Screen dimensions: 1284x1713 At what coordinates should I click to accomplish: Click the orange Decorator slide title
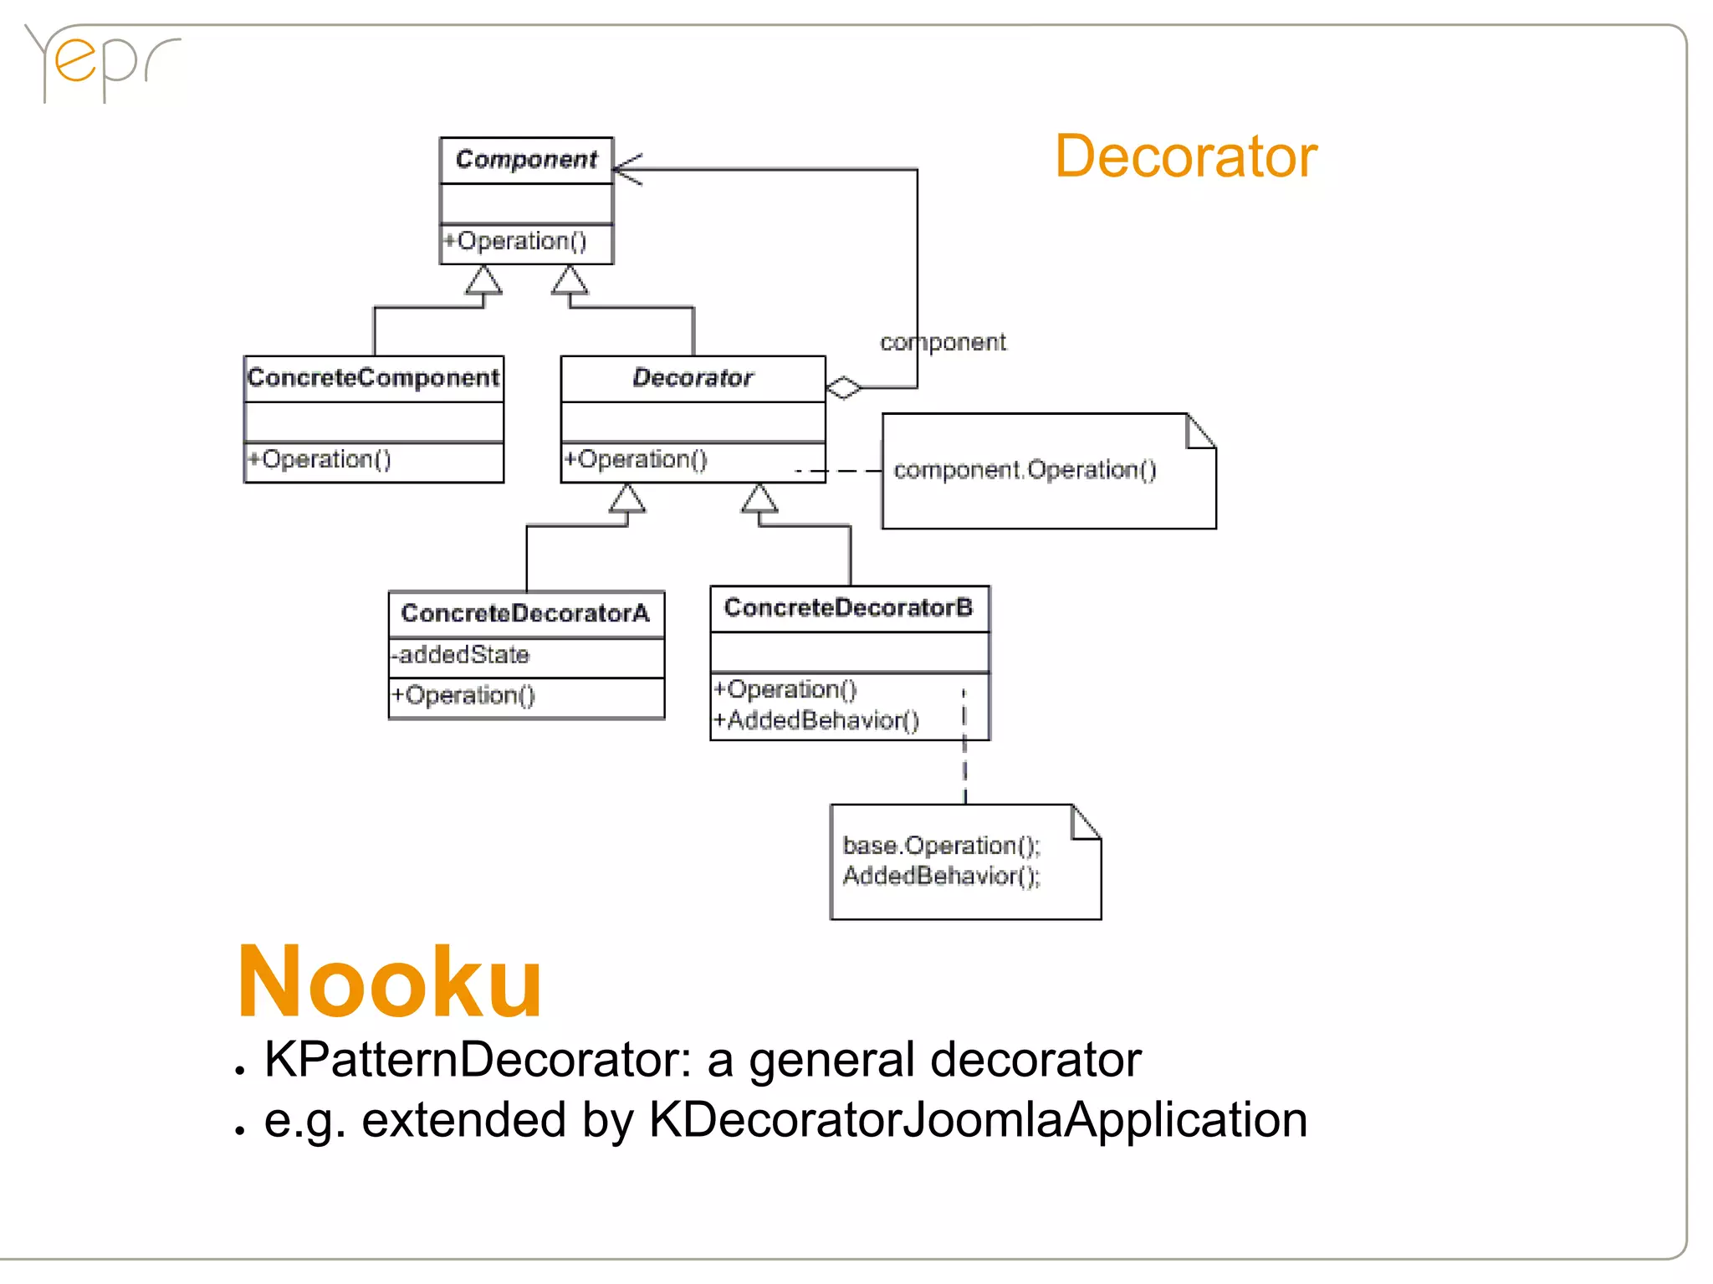1185,156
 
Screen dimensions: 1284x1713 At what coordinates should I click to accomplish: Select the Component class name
526,159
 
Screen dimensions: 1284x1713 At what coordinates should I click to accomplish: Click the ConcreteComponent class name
373,378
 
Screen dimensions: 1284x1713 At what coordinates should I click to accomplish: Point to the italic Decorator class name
693,378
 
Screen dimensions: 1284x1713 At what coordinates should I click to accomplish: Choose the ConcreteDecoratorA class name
525,613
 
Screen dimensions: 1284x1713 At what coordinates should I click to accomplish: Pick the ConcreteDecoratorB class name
848,607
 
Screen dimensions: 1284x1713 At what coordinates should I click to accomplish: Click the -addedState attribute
462,655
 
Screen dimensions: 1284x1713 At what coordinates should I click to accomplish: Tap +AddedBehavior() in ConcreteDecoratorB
816,720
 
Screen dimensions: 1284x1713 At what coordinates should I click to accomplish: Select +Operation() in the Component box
515,241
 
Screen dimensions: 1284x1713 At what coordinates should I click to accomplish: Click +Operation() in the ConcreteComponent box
320,459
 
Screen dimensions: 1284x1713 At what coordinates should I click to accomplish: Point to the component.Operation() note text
1025,470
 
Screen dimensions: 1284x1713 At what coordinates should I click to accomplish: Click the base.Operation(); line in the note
941,846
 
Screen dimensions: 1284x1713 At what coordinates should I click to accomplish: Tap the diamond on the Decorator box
843,388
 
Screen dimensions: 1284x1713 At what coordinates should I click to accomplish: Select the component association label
943,342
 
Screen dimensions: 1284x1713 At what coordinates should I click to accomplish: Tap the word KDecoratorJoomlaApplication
977,1120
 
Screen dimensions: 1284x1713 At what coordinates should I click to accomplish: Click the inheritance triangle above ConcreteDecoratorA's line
626,499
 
